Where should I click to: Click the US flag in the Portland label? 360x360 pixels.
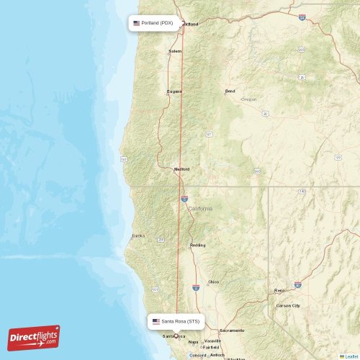pos(137,23)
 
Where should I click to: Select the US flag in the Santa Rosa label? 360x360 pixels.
pos(156,321)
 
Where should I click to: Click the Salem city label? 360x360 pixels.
pos(175,51)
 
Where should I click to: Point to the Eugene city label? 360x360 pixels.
pos(175,91)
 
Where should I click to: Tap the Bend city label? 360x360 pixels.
pos(230,91)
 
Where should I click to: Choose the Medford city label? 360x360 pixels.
pos(181,169)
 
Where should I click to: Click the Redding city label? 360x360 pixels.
pos(197,245)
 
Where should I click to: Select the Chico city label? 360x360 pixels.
pos(213,282)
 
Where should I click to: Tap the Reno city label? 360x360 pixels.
pos(279,290)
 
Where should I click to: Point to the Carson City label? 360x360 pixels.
pos(288,305)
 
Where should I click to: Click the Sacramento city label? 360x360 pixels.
pos(232,330)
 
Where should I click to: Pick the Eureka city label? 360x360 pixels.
pos(138,235)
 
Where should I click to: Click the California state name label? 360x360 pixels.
pos(200,208)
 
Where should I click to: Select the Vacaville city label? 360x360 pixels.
pos(212,341)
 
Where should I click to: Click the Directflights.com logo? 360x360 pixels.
pos(34,337)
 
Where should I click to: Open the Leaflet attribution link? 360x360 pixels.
pos(351,356)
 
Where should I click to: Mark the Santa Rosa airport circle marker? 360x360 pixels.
pos(176,336)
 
